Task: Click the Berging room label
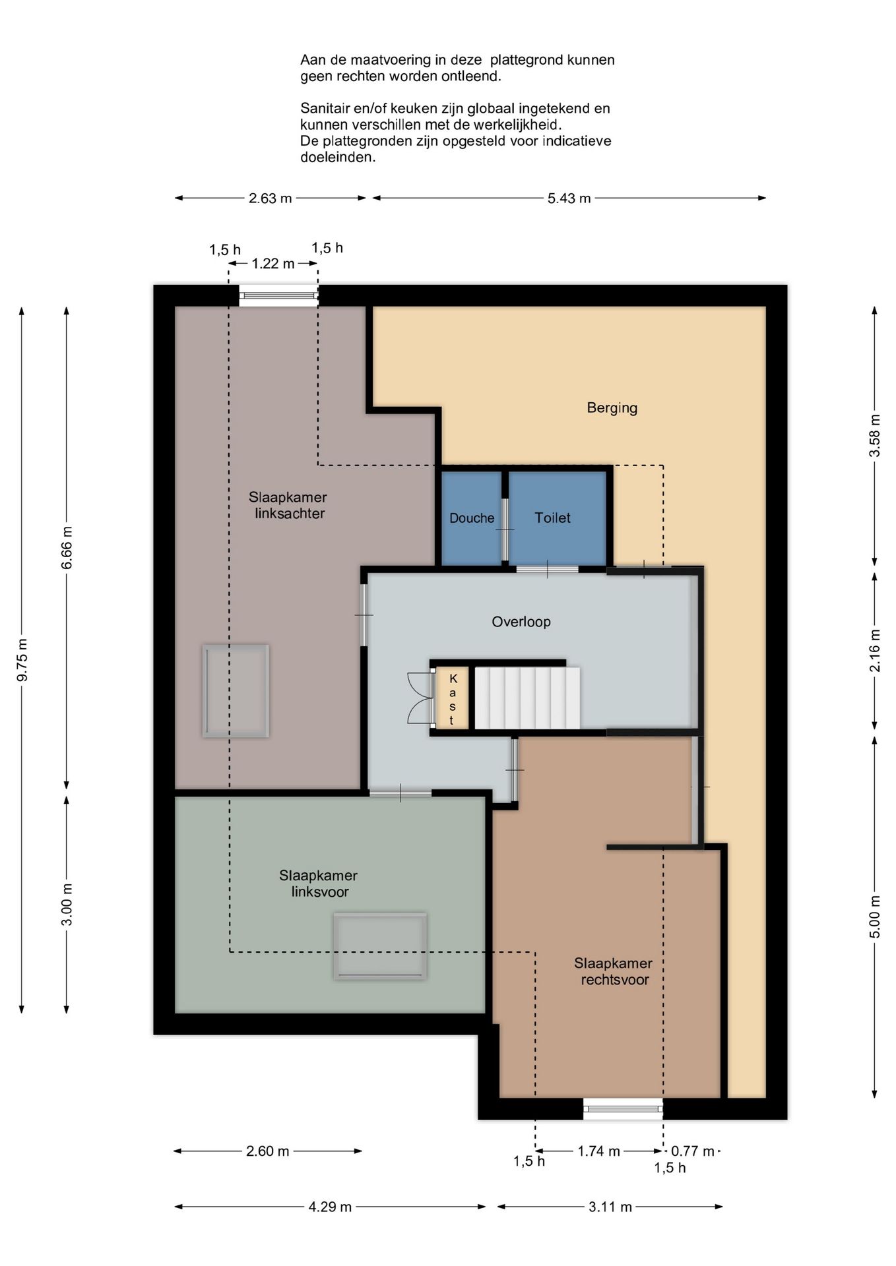click(612, 407)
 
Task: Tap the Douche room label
click(472, 518)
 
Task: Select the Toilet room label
click(552, 518)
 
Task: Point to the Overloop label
click(521, 621)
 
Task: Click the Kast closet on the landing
click(452, 699)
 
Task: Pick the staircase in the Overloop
click(527, 698)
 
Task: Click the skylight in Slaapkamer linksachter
click(236, 690)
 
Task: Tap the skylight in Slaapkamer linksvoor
click(379, 946)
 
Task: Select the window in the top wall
click(278, 295)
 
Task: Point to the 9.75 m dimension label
click(22, 659)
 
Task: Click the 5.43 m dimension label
click(569, 198)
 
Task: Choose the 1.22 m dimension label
click(273, 264)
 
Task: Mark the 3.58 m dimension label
click(875, 435)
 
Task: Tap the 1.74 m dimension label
click(598, 1151)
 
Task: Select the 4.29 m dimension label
click(330, 1207)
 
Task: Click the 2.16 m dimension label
click(875, 650)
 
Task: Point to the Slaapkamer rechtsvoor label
click(614, 971)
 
